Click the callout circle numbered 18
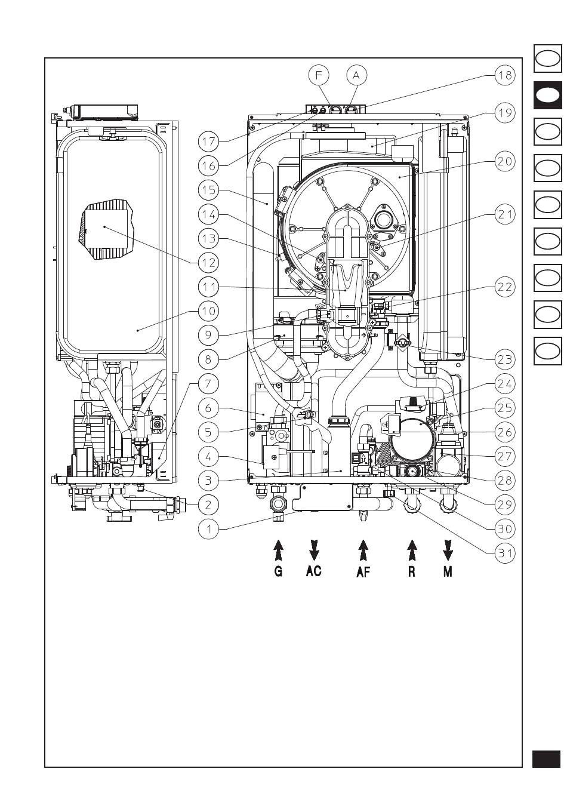pyautogui.click(x=505, y=75)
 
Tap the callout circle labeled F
pyautogui.click(x=319, y=75)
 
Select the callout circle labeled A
pyautogui.click(x=356, y=75)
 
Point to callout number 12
pyautogui.click(x=208, y=263)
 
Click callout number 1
pyautogui.click(x=208, y=529)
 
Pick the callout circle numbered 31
pyautogui.click(x=505, y=553)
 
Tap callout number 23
pyautogui.click(x=505, y=359)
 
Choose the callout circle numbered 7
pyautogui.click(x=208, y=383)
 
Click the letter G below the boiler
pyautogui.click(x=278, y=571)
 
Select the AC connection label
pyautogui.click(x=314, y=571)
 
